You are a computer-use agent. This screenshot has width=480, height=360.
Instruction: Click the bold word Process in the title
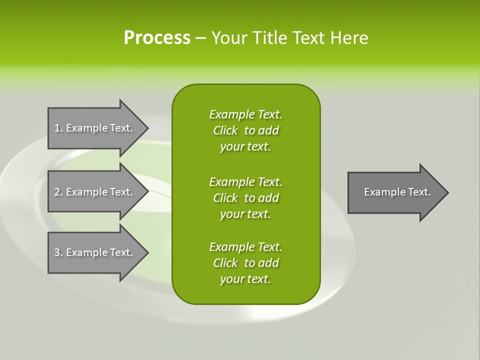click(x=157, y=38)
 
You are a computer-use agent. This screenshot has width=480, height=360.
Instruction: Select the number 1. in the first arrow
click(x=58, y=128)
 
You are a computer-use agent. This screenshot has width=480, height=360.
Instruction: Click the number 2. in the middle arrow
click(x=58, y=192)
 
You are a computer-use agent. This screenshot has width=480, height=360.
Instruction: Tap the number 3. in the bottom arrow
click(x=58, y=252)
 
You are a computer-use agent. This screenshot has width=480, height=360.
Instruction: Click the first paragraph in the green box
click(x=245, y=130)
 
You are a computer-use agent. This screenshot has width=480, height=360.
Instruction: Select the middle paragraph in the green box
click(x=245, y=197)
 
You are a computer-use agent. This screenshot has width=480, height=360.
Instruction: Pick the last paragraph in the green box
click(x=245, y=263)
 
